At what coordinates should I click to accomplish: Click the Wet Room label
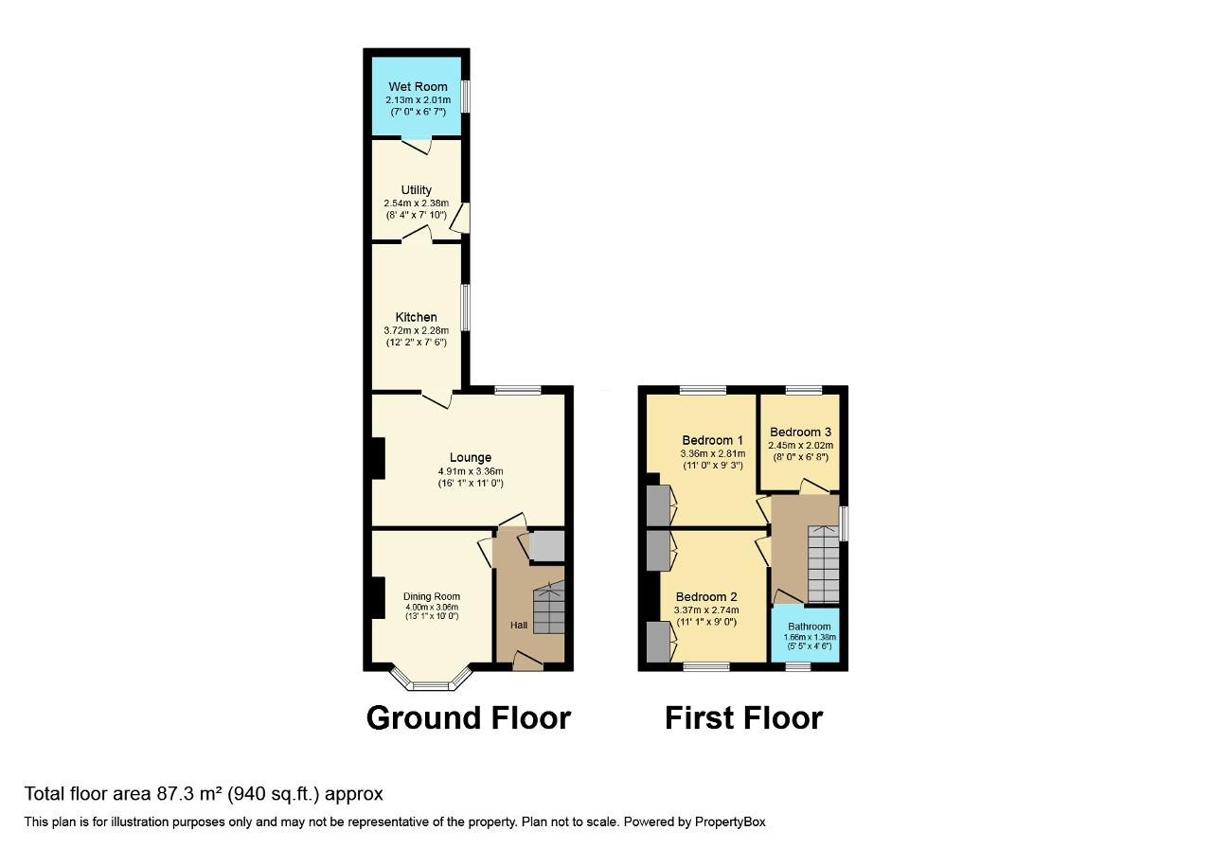[418, 86]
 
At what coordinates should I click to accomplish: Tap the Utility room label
[416, 190]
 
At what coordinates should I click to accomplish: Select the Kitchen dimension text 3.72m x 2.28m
[416, 330]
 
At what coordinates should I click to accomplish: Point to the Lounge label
[471, 457]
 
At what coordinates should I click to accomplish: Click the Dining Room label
[431, 596]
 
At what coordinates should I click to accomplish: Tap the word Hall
[518, 626]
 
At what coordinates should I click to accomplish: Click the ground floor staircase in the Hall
[549, 608]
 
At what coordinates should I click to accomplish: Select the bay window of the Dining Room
[431, 680]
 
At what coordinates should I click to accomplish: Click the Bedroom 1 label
[713, 440]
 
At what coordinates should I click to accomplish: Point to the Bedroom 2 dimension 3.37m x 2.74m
[706, 610]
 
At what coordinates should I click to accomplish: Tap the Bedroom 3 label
[800, 433]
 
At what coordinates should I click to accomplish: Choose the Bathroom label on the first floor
[809, 627]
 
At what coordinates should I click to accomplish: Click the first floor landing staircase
[823, 564]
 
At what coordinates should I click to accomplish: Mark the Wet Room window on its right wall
[465, 97]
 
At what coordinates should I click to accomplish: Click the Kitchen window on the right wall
[465, 308]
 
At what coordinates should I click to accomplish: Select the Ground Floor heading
[469, 718]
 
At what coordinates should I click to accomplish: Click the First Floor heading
[743, 718]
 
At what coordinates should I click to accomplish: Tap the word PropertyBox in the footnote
[730, 822]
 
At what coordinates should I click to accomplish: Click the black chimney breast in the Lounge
[378, 458]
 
